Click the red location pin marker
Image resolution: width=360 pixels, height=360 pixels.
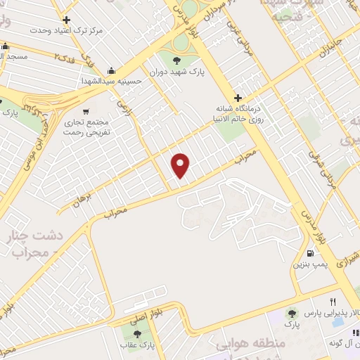pos(181,165)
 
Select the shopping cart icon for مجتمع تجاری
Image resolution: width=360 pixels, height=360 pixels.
pos(86,111)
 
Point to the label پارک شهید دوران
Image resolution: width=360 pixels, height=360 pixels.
pos(176,72)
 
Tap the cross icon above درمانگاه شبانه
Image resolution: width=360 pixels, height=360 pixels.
pos(238,98)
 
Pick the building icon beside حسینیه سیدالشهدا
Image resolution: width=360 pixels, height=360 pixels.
pos(111,70)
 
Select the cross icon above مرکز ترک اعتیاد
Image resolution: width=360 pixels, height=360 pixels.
pos(66,20)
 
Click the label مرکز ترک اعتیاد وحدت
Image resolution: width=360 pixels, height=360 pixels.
pos(67,31)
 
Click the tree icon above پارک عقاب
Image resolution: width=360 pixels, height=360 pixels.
pos(137,333)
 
